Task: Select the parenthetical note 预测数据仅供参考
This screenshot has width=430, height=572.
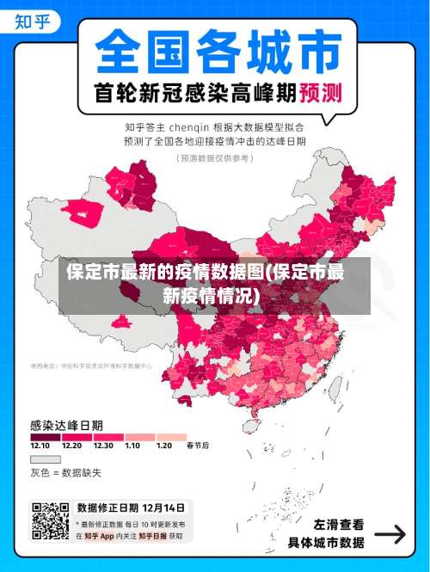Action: [214, 158]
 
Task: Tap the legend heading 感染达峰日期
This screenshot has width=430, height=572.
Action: [67, 425]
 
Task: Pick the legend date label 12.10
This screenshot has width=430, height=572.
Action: [40, 446]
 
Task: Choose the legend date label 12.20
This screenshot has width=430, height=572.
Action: [71, 446]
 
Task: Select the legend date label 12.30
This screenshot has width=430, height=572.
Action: [103, 446]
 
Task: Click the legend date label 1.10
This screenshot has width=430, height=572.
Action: [132, 446]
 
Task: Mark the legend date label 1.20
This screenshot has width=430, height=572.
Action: [163, 446]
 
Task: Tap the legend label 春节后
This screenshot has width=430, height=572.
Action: [198, 446]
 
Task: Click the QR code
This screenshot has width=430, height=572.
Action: [50, 520]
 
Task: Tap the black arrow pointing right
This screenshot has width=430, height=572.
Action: [390, 534]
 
